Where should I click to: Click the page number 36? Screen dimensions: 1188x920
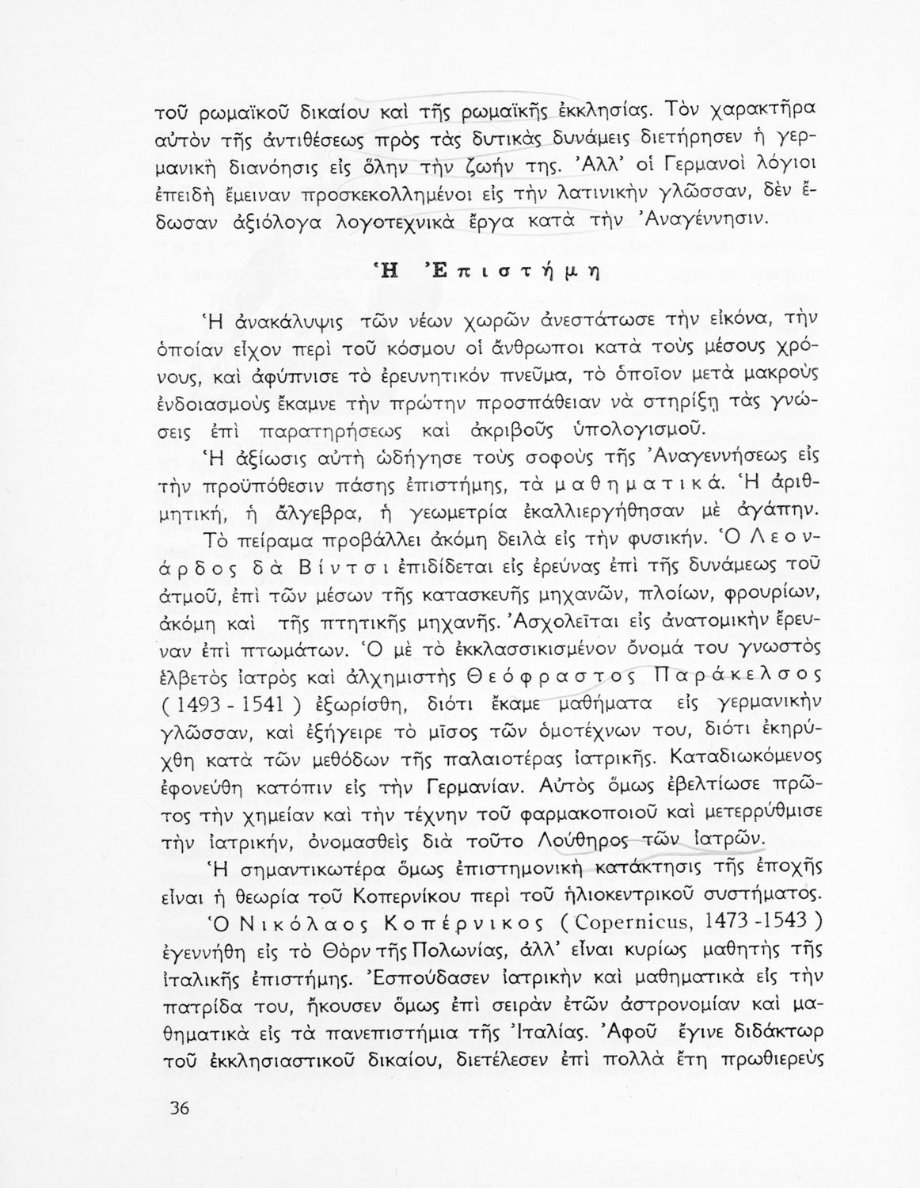pos(181,1107)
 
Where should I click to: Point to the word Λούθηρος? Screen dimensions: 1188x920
pos(530,839)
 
